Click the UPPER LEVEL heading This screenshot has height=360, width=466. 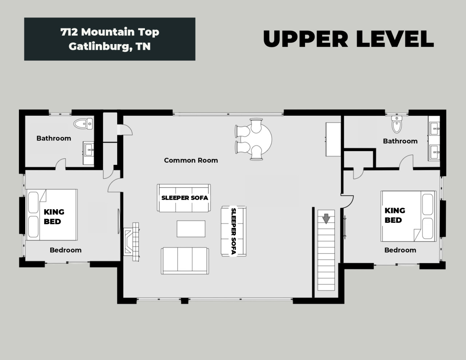[348, 39]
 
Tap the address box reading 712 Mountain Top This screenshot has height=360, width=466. [110, 39]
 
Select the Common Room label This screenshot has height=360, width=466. [191, 160]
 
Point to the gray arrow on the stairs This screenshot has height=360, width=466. [326, 219]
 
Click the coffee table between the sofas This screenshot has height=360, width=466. [191, 229]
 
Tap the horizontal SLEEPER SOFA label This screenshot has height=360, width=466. [185, 198]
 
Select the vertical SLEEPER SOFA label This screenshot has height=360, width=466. [233, 231]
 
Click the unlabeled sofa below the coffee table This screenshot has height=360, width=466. [185, 261]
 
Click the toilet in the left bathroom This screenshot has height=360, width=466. [83, 124]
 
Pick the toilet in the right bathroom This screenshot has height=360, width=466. [397, 124]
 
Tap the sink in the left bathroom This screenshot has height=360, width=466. [88, 150]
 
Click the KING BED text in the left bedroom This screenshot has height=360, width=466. [54, 217]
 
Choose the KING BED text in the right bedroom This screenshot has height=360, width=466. [395, 215]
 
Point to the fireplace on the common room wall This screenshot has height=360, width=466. [131, 242]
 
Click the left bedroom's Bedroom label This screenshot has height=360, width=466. [66, 250]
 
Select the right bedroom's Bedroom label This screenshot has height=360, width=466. [400, 250]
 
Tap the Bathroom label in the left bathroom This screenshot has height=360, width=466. [54, 138]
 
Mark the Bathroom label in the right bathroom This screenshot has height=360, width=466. [400, 141]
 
